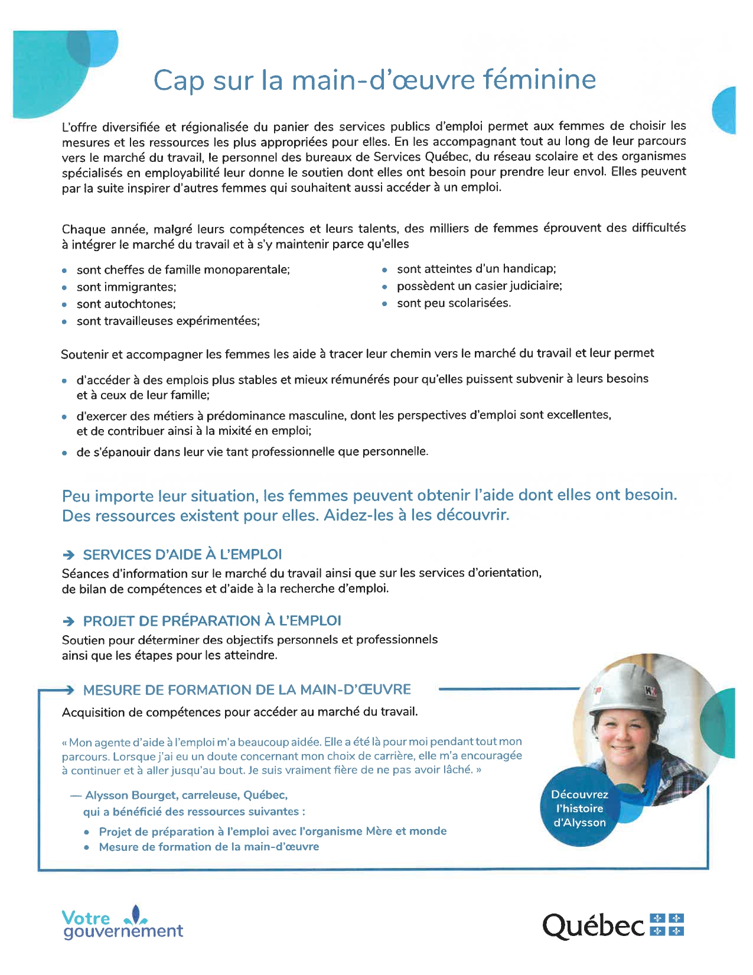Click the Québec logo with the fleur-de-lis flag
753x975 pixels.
pyautogui.click(x=612, y=925)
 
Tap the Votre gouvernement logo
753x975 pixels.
pyautogui.click(x=122, y=923)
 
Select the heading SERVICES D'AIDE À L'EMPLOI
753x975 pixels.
pyautogui.click(x=182, y=555)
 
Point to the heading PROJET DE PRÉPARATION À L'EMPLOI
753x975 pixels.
pyautogui.click(x=212, y=621)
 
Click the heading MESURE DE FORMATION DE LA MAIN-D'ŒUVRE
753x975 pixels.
pyautogui.click(x=247, y=690)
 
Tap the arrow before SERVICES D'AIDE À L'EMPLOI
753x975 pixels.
pyautogui.click(x=69, y=555)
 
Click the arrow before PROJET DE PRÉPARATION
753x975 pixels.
pyautogui.click(x=69, y=621)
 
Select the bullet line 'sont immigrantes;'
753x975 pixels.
pyautogui.click(x=126, y=287)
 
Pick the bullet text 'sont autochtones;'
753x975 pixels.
pyautogui.click(x=126, y=304)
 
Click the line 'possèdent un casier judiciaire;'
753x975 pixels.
pyautogui.click(x=479, y=286)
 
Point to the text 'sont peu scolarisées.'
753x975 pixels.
pyautogui.click(x=454, y=303)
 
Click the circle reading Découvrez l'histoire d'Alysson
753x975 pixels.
pyautogui.click(x=579, y=808)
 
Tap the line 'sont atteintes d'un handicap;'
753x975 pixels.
pyautogui.click(x=476, y=269)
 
